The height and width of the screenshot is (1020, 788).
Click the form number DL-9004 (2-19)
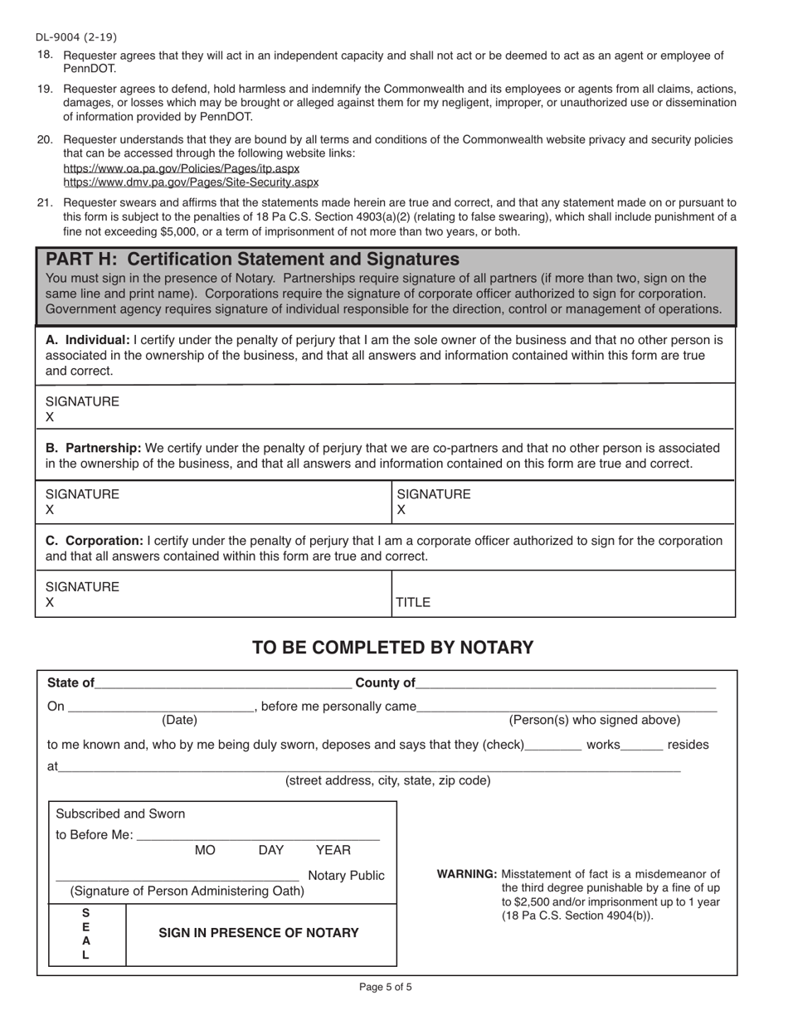75,36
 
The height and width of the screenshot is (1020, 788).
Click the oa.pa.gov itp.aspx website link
181,168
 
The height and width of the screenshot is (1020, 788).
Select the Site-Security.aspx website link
191,182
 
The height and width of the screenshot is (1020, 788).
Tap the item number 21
45,202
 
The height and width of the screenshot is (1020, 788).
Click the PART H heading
252,259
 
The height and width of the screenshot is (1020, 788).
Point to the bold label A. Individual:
87,340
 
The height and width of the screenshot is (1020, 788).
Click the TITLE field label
413,603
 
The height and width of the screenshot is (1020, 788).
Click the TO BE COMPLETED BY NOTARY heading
393,648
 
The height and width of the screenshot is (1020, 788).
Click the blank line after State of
223,683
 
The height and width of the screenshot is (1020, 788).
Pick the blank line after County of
566,683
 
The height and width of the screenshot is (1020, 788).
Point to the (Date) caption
179,720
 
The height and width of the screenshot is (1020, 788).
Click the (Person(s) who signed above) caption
594,720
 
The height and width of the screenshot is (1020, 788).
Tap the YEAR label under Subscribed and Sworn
333,850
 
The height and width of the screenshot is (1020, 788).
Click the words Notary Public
346,876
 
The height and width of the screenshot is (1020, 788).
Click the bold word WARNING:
467,874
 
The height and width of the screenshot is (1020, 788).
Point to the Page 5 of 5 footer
386,987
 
